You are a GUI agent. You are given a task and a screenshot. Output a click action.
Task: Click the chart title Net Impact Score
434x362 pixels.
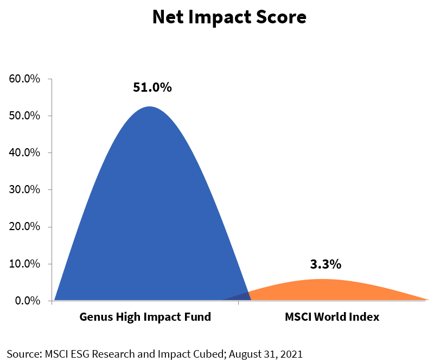[x=229, y=17]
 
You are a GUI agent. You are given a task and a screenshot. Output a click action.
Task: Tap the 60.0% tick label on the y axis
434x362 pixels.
[x=25, y=79]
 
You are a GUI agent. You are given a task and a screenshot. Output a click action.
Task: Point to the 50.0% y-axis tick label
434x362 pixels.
[x=25, y=116]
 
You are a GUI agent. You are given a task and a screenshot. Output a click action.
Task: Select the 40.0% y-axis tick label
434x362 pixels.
[x=25, y=153]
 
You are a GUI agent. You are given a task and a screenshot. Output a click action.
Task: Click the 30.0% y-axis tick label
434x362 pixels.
[x=25, y=189]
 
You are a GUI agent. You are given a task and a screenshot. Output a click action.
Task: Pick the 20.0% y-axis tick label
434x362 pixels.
[x=25, y=226]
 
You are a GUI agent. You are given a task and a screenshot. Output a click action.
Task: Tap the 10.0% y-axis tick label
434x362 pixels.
[x=25, y=264]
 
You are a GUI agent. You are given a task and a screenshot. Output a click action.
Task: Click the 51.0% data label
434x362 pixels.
[x=152, y=87]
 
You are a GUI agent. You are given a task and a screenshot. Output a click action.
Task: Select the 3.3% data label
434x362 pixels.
[x=325, y=265]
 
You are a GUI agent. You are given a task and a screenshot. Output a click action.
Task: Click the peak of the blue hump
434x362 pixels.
[x=149, y=107]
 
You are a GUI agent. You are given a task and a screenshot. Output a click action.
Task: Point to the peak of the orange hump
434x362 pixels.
[x=322, y=280]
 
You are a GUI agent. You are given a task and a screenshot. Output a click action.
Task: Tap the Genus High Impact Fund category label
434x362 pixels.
[x=145, y=317]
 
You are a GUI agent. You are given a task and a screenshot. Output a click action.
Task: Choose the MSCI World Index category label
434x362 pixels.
[x=332, y=317]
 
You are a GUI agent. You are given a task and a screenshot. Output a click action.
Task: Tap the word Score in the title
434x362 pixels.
[x=280, y=17]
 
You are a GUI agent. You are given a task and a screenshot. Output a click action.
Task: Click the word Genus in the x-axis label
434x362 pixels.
[x=94, y=317]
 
